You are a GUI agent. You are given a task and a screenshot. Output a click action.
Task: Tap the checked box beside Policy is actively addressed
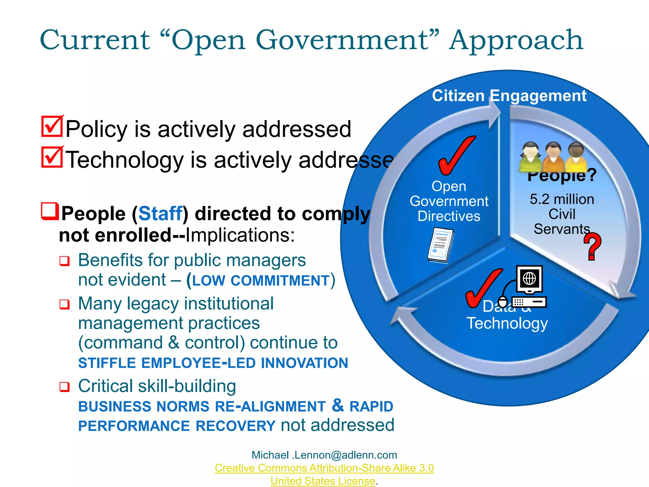[x=52, y=127]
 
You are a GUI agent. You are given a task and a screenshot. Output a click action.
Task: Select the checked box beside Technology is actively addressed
[x=52, y=157]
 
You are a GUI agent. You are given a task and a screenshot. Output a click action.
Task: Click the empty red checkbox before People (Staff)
[x=50, y=211]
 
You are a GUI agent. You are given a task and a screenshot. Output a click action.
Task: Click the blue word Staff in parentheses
[x=160, y=213]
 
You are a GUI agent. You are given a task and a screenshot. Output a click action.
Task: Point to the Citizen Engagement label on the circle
[x=509, y=96]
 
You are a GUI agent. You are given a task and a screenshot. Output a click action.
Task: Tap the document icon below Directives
[x=440, y=245]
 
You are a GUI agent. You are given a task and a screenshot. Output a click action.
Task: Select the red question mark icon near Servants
[x=592, y=246]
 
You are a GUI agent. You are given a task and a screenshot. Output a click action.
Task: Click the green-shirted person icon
[x=530, y=156]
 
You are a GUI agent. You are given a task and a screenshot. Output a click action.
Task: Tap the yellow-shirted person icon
[x=576, y=157]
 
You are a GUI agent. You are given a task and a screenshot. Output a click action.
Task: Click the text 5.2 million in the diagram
[x=562, y=199]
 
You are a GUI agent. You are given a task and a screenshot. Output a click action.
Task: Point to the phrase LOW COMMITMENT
[x=261, y=281]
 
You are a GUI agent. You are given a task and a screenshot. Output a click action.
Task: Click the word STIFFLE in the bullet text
[x=107, y=363]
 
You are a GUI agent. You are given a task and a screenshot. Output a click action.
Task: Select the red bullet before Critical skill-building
[x=64, y=387]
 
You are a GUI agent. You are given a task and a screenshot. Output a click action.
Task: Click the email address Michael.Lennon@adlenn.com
[x=324, y=455]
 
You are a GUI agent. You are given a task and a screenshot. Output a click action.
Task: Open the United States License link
[x=323, y=481]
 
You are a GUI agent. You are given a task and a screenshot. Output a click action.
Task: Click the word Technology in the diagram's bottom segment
[x=507, y=324]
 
